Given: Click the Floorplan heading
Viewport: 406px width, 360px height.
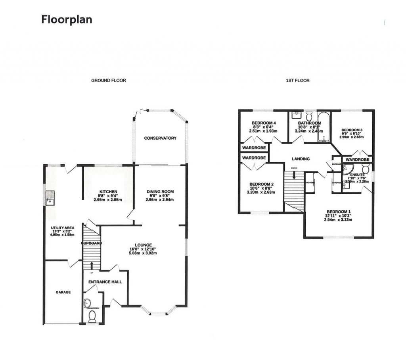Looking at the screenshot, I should (x=67, y=19).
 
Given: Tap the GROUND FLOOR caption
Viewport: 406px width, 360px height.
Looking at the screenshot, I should (x=109, y=81).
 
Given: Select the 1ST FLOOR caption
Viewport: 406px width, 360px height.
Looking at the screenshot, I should (x=297, y=81).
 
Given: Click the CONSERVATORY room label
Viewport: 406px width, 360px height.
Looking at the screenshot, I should (x=160, y=138).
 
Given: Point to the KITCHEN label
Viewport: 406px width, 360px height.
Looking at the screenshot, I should (x=107, y=192).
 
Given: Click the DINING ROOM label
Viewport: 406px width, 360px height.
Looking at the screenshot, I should (x=160, y=192).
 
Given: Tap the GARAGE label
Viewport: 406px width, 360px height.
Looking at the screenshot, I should (x=63, y=292).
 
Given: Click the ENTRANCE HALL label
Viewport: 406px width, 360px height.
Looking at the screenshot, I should (x=105, y=282).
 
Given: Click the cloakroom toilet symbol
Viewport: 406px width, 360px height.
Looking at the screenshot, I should (x=92, y=316).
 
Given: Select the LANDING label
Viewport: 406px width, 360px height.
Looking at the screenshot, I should (x=301, y=159).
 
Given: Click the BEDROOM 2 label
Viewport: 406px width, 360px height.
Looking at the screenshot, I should (x=261, y=184).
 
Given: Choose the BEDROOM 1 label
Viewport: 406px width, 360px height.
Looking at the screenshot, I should (x=339, y=211).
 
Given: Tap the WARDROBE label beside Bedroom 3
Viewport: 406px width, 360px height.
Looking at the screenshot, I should (x=357, y=160).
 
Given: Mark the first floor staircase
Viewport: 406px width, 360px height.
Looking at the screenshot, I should (x=294, y=189).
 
